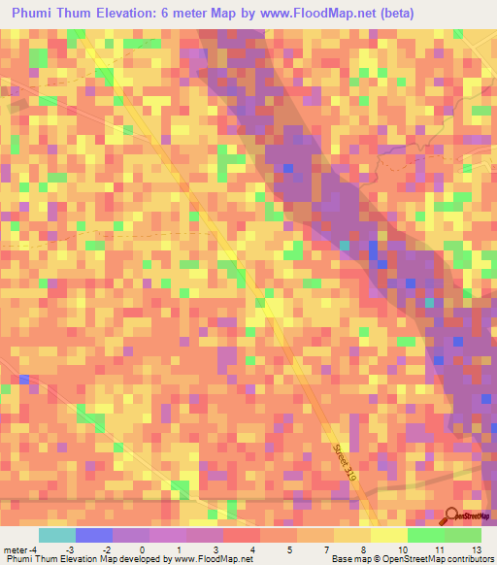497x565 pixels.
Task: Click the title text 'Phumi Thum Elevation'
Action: (x=80, y=14)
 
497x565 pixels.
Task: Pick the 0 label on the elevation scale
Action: (x=142, y=548)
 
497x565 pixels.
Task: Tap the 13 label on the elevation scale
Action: (x=476, y=548)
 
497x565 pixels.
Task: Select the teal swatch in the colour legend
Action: (x=57, y=535)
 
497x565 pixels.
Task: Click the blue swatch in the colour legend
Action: (x=94, y=535)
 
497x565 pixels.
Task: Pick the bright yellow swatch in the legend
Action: (x=389, y=535)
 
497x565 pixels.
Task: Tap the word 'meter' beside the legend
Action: (x=16, y=548)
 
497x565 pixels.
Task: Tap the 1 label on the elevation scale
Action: (x=179, y=548)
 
